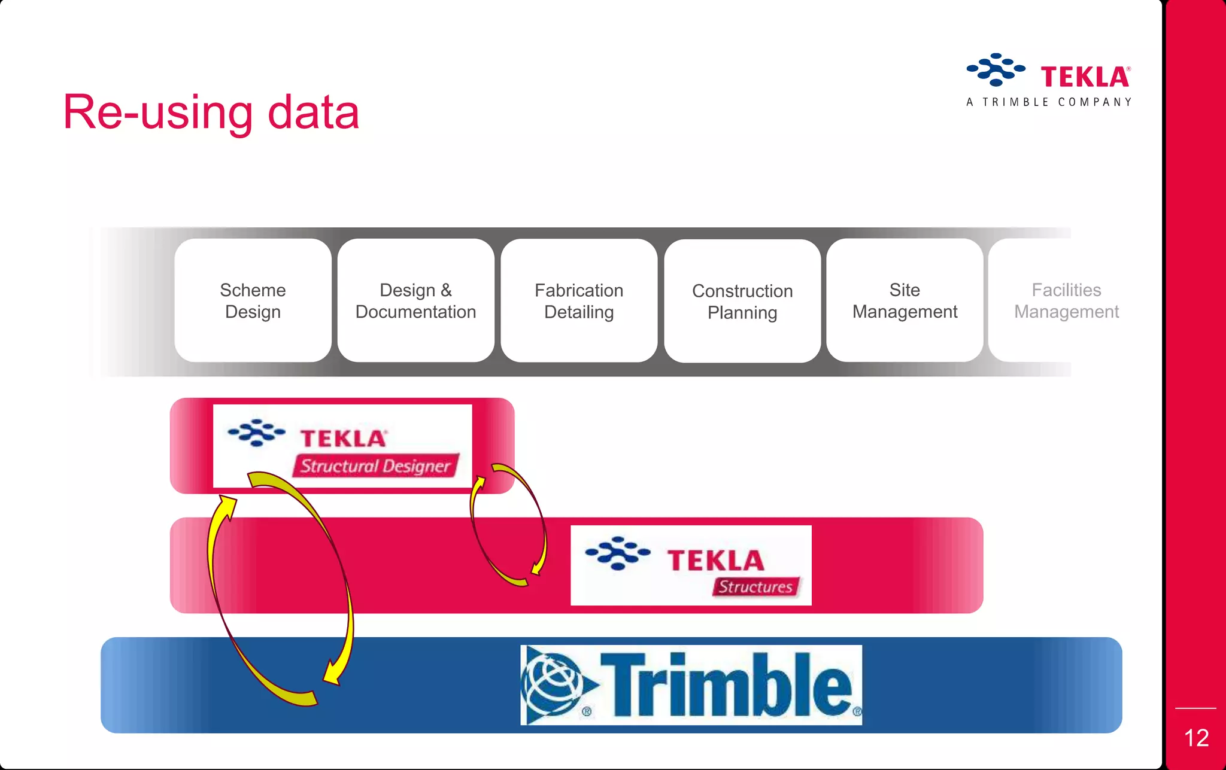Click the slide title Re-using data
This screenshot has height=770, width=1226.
pyautogui.click(x=211, y=112)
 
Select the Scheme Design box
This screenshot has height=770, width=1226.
pyautogui.click(x=253, y=300)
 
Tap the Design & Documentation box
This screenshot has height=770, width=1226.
pyautogui.click(x=415, y=300)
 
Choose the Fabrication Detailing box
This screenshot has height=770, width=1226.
pyautogui.click(x=579, y=300)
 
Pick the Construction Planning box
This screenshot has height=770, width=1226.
pyautogui.click(x=742, y=301)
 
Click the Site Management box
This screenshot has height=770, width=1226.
pyautogui.click(x=905, y=300)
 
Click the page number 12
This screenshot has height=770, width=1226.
pyautogui.click(x=1196, y=738)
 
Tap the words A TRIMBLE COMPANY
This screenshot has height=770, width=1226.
pyautogui.click(x=1049, y=102)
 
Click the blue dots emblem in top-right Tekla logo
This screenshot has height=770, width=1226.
pyautogui.click(x=995, y=69)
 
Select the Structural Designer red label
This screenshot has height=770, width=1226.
pyautogui.click(x=375, y=465)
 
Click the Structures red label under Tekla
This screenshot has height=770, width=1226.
pyautogui.click(x=755, y=586)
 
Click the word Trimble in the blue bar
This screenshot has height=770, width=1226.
pyautogui.click(x=726, y=685)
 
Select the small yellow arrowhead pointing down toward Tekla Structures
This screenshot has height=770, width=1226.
pyautogui.click(x=538, y=565)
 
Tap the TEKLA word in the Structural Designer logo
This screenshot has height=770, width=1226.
pyautogui.click(x=343, y=439)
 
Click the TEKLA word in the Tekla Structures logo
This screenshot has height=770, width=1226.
pyautogui.click(x=715, y=561)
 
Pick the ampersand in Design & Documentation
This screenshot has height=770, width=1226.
pyautogui.click(x=446, y=290)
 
